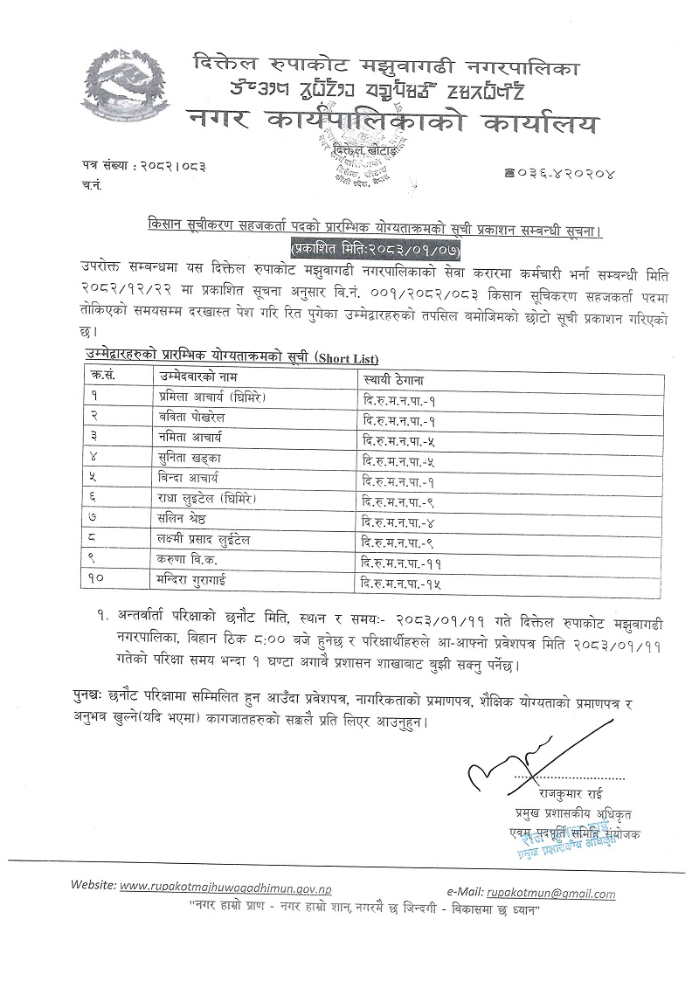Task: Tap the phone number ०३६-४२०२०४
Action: point(565,174)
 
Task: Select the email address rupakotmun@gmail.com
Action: point(551,894)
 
